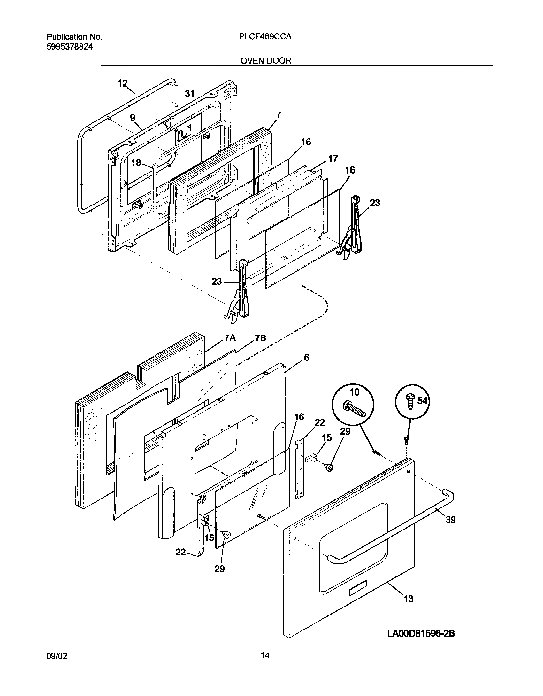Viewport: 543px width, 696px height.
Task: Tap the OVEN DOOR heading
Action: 266,61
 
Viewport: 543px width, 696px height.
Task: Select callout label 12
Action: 123,84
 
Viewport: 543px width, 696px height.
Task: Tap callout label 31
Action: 189,93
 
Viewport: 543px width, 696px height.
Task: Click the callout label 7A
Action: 230,338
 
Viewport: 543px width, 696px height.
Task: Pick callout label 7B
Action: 260,338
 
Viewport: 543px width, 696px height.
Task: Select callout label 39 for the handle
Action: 450,520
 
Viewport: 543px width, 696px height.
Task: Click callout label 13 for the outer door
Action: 409,599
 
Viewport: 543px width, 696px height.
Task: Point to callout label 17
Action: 333,159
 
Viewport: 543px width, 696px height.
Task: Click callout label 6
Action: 306,358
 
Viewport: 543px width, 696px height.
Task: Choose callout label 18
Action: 136,163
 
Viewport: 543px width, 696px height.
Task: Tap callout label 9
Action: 133,118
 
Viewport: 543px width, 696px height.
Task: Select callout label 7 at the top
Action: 279,115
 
